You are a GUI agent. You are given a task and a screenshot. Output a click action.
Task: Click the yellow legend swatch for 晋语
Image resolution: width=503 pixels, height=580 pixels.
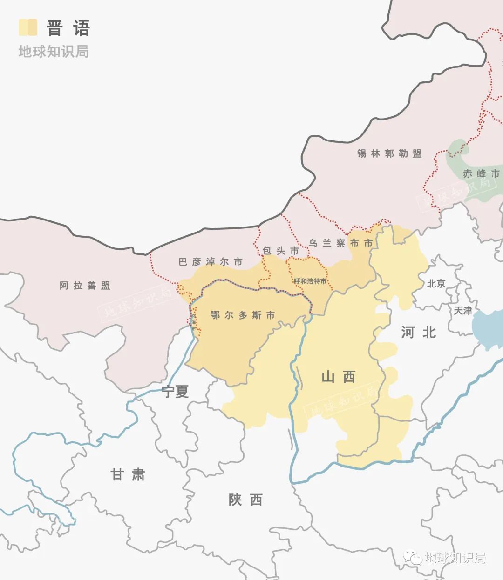(x=27, y=27)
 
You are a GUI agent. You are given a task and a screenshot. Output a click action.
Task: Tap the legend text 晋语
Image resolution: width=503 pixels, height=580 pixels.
(x=68, y=28)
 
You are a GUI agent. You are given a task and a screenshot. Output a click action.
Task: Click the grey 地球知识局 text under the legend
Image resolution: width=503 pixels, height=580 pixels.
(x=54, y=51)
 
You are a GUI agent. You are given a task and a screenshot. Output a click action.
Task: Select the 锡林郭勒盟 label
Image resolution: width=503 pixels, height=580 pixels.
(x=389, y=153)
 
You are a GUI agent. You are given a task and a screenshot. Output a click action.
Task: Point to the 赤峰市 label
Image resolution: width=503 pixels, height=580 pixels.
(x=481, y=173)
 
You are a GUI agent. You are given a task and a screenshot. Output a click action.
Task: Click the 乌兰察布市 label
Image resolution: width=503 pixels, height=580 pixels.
(x=341, y=243)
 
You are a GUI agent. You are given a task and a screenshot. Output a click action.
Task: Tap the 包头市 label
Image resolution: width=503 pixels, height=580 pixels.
(x=280, y=251)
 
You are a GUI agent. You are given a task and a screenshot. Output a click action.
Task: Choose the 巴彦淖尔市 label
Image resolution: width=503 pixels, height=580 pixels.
(x=211, y=262)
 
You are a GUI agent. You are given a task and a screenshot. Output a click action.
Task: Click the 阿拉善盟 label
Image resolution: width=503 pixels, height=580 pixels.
(x=85, y=286)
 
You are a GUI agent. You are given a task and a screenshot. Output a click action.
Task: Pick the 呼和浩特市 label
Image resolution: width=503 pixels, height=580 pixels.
(x=310, y=281)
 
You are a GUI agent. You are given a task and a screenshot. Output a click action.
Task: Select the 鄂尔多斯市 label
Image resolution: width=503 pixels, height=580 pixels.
(x=243, y=315)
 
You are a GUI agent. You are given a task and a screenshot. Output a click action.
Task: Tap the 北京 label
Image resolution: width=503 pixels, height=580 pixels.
(x=436, y=283)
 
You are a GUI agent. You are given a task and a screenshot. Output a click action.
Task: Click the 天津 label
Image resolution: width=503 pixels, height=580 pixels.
(x=463, y=310)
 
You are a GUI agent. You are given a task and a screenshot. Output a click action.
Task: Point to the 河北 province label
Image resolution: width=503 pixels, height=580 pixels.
(x=418, y=332)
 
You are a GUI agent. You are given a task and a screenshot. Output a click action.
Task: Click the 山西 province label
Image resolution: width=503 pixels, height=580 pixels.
(x=339, y=377)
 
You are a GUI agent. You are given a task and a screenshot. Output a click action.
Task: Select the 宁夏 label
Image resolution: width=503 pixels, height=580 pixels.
(x=175, y=392)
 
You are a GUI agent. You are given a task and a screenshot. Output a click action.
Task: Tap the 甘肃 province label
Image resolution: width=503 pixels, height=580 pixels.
(x=128, y=474)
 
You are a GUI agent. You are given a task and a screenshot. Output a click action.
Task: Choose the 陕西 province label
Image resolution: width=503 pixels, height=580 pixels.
(x=245, y=500)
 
